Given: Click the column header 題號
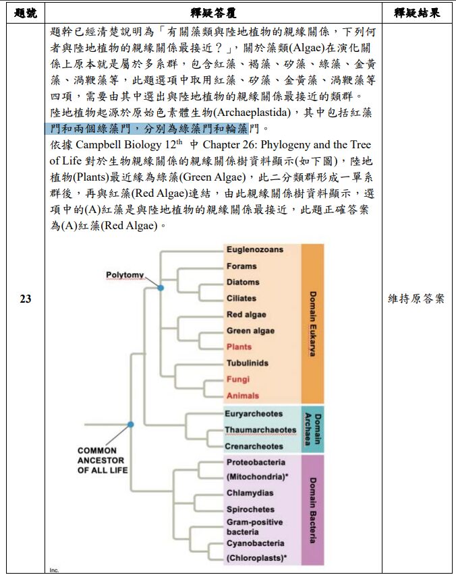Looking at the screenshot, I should [25, 13].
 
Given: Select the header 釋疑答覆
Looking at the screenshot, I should [213, 13].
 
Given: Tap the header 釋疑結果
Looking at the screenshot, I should [417, 13].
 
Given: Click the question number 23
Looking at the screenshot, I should [25, 299].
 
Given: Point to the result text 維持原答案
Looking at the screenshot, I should [417, 299].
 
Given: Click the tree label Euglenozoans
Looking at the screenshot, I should [254, 249].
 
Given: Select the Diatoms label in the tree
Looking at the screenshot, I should [242, 282].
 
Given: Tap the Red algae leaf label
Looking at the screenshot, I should [246, 315].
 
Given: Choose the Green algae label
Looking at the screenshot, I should [250, 331].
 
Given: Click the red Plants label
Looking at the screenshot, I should [239, 347].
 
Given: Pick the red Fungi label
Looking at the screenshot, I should [237, 380].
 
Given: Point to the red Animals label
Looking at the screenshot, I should [242, 396].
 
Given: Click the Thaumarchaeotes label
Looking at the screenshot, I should [260, 430].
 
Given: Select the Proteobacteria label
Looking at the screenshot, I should [256, 462].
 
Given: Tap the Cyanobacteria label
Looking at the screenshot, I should [255, 543].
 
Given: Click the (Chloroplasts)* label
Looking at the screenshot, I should [256, 557].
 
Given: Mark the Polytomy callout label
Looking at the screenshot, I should [125, 275].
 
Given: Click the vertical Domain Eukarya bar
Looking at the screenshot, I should [312, 324].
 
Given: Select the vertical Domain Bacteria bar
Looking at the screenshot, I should [312, 510].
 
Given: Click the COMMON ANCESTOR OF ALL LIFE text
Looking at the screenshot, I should [102, 460].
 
